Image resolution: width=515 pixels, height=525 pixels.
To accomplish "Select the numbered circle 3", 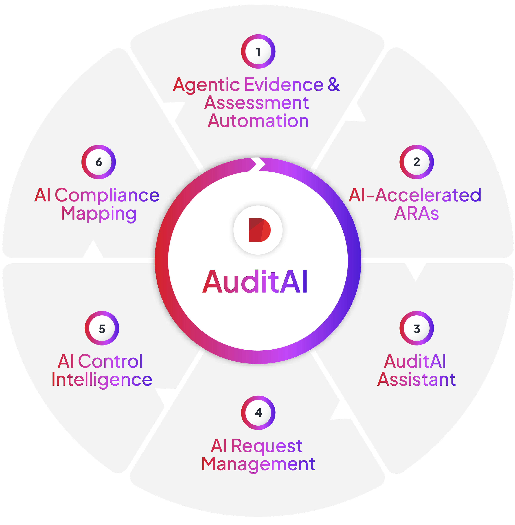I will (417, 328).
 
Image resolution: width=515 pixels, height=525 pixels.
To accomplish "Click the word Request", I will (266, 446).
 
